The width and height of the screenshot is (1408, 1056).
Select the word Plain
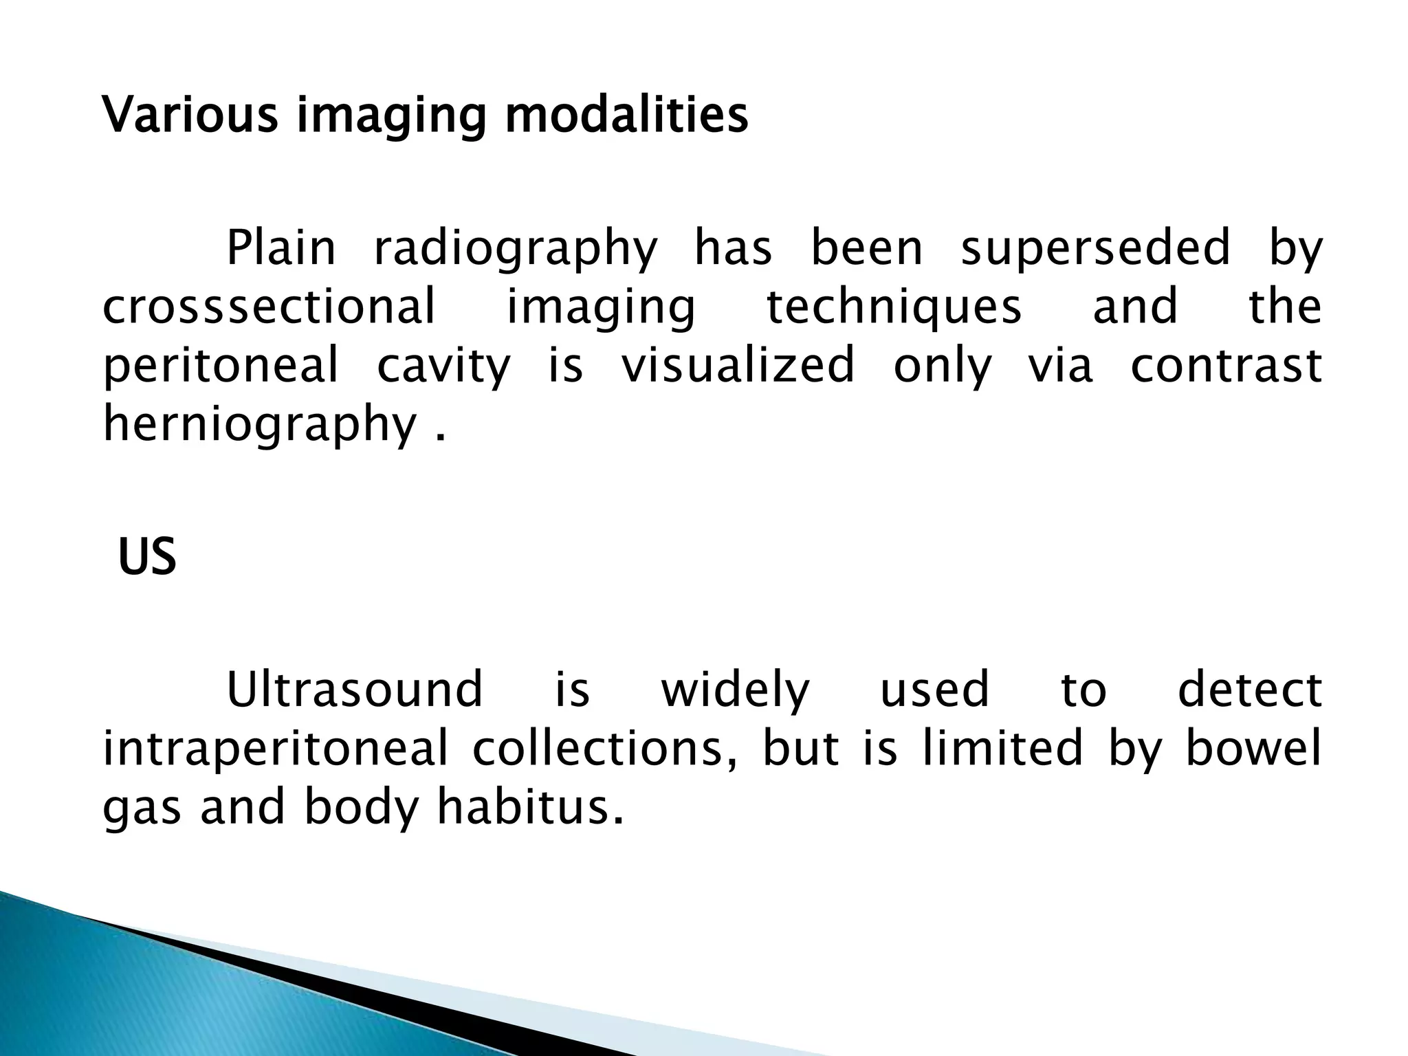tap(281, 249)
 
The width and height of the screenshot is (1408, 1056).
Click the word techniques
tap(894, 308)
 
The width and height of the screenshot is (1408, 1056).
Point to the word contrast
tap(1226, 366)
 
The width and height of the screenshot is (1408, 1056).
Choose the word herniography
tap(260, 425)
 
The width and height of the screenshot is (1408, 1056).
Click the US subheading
tap(147, 557)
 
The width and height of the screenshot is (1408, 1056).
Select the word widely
tap(735, 690)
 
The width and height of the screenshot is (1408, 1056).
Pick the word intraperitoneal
tap(276, 749)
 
